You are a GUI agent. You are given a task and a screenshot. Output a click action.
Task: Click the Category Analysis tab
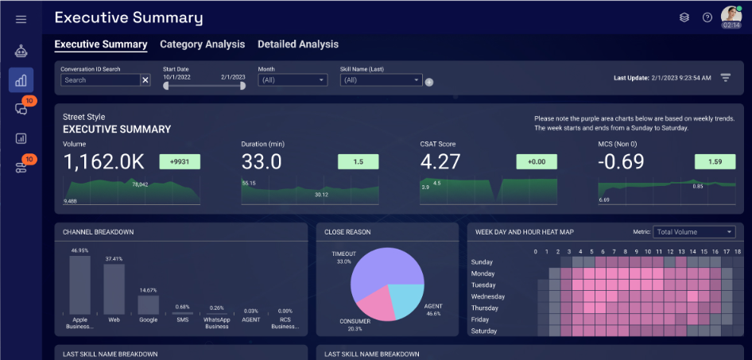click(x=202, y=45)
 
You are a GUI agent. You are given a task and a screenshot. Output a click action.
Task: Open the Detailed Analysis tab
click(x=298, y=45)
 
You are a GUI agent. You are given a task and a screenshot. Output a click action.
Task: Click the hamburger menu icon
click(x=21, y=19)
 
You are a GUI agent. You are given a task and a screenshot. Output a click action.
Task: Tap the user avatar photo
click(x=731, y=14)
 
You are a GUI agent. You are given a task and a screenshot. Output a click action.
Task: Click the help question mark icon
click(x=707, y=17)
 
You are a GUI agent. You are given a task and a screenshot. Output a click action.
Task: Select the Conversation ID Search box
click(x=100, y=80)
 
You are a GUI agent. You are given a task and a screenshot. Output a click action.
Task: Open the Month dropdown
click(x=293, y=80)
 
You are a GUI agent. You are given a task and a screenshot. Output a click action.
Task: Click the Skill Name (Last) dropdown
click(x=380, y=80)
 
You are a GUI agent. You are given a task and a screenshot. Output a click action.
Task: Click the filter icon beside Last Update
click(x=726, y=77)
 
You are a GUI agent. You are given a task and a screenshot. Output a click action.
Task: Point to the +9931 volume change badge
click(x=180, y=162)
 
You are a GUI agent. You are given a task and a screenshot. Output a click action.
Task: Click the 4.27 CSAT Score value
click(x=440, y=162)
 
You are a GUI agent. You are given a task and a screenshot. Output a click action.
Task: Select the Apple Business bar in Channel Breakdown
click(x=79, y=285)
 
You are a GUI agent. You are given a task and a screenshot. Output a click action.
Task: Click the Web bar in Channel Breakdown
click(x=114, y=289)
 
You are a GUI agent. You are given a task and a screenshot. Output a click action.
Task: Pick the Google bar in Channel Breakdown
click(x=149, y=305)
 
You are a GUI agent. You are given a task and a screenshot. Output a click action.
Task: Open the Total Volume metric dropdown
click(x=694, y=232)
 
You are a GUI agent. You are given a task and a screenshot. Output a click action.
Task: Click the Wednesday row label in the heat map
click(x=488, y=296)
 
